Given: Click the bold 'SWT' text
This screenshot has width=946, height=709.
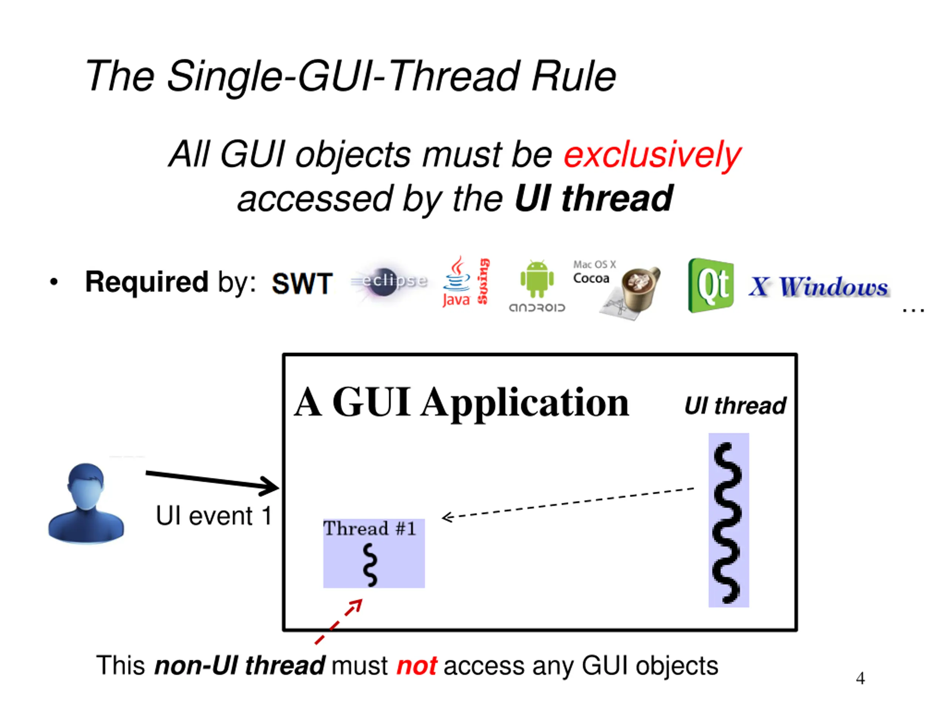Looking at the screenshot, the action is pos(302,283).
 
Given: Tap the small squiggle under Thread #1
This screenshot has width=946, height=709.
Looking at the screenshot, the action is pos(370,565).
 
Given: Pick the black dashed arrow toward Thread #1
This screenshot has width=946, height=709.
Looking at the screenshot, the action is pos(568,503).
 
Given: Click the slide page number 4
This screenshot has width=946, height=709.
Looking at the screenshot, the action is pos(861,678).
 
